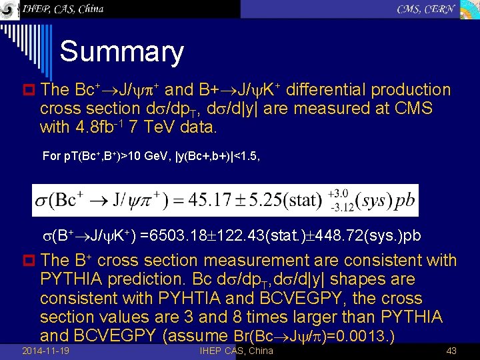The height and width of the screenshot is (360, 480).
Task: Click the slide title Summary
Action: pyautogui.click(x=121, y=52)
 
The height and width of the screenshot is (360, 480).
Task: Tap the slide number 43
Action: pyautogui.click(x=451, y=351)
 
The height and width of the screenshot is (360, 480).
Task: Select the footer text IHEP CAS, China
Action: pyautogui.click(x=236, y=351)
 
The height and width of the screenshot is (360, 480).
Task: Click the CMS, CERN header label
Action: pyautogui.click(x=426, y=9)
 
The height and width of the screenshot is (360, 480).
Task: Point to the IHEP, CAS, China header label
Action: pyautogui.click(x=63, y=9)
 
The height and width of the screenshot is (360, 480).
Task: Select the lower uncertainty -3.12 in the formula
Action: pyautogui.click(x=341, y=207)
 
